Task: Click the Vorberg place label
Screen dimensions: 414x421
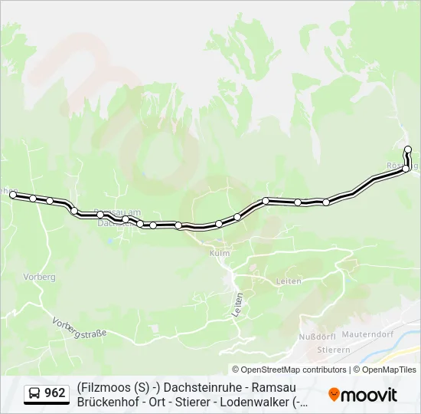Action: pyautogui.click(x=39, y=277)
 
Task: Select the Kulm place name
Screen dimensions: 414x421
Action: pyautogui.click(x=219, y=252)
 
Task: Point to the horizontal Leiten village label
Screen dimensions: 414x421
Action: pyautogui.click(x=289, y=282)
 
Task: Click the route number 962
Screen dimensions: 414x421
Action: pyautogui.click(x=55, y=393)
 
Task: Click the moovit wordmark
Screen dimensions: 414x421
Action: pyautogui.click(x=369, y=395)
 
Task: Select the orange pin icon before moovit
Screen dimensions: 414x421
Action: pyautogui.click(x=334, y=395)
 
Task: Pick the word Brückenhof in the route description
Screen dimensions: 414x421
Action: pyautogui.click(x=108, y=401)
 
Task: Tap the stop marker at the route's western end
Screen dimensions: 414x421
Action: pyautogui.click(x=13, y=195)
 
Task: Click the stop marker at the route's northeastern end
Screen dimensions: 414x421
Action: pyautogui.click(x=408, y=149)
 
